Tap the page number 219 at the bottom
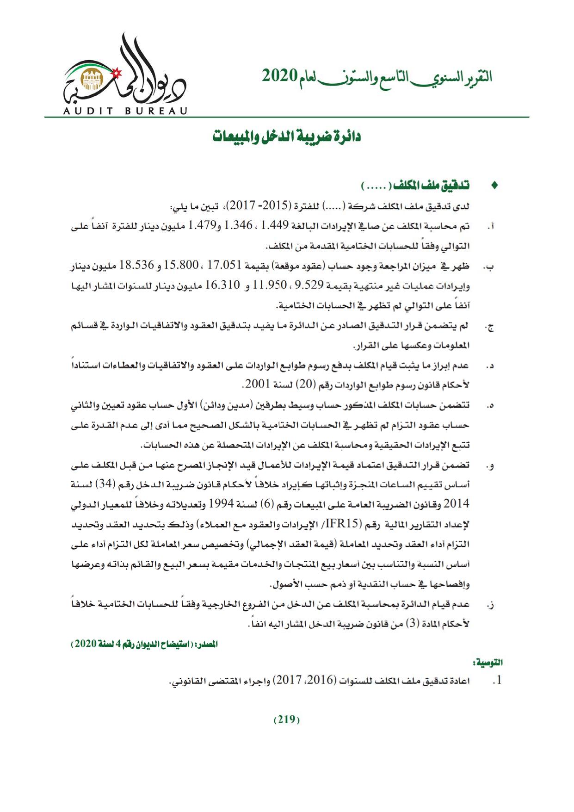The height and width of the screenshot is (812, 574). (287, 719)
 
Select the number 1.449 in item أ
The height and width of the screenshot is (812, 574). (275, 226)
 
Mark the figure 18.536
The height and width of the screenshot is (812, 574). (137, 266)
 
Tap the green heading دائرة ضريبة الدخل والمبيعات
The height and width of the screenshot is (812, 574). (287, 137)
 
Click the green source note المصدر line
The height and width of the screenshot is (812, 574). (144, 644)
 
